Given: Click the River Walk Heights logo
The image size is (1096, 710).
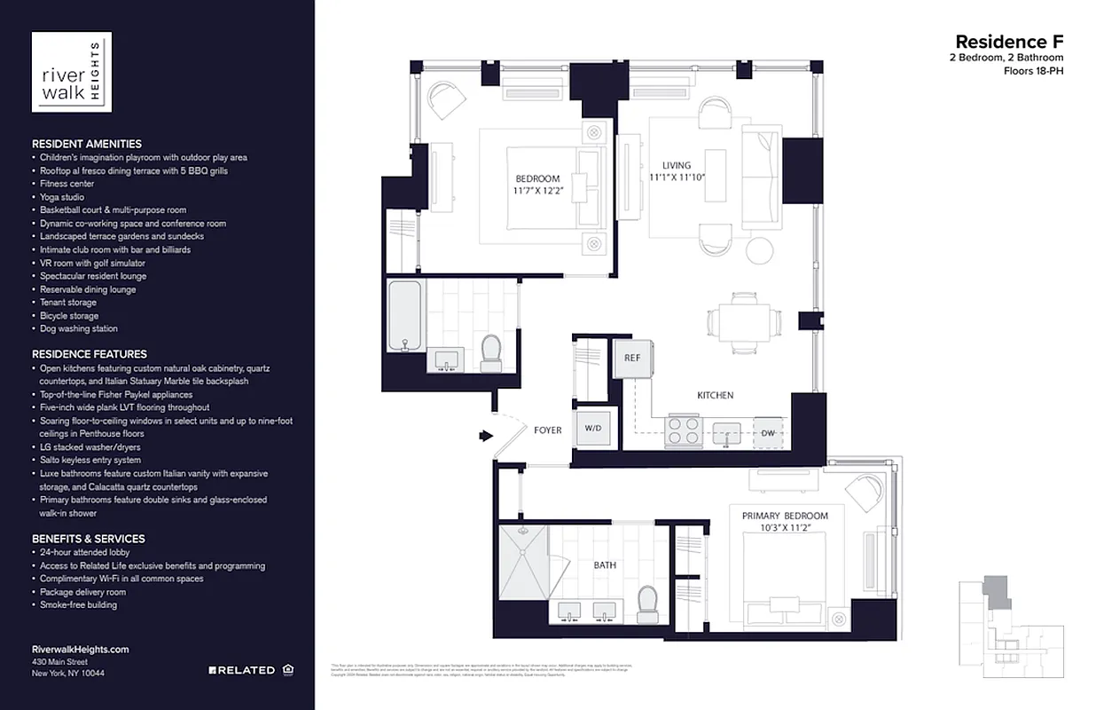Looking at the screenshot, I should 72,72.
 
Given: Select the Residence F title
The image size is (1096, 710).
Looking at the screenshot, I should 1008,42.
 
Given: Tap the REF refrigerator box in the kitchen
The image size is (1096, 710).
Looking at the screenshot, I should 631,359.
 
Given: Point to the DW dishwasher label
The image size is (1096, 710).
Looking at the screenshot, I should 769,433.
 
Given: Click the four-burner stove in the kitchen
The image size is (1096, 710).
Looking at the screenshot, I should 685,431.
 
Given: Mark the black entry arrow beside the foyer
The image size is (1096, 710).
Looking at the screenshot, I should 485,436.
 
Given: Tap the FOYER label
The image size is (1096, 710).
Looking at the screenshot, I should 547,430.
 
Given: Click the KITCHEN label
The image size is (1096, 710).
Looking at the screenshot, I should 714,395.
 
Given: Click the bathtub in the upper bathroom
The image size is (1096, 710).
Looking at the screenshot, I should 404,317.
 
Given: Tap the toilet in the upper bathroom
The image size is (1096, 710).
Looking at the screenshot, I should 490,353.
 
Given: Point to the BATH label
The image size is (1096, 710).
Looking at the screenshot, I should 605,564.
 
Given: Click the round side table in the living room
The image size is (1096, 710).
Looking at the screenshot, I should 761,250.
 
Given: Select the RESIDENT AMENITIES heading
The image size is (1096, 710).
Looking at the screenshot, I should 87,144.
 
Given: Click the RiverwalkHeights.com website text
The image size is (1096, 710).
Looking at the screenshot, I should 80,650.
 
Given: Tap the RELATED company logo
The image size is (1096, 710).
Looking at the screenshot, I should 242,670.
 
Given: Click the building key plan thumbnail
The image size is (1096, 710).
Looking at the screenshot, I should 1011,629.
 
